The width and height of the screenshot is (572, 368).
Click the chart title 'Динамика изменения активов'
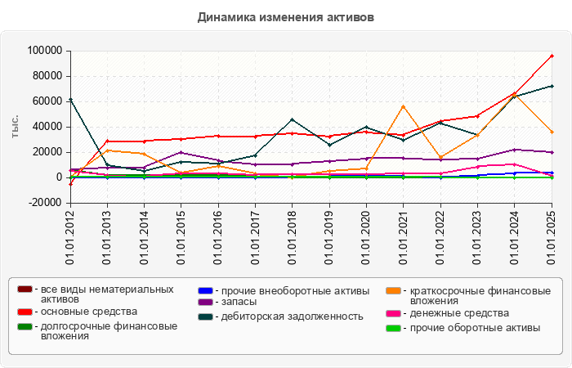coord(285,17)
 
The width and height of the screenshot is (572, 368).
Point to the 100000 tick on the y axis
coord(45,51)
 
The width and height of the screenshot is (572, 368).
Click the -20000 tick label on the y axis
coord(45,203)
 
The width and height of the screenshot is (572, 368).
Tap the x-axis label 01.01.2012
coord(71,237)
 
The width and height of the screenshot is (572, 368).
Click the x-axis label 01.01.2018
coord(293,237)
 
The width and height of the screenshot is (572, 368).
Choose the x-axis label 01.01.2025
coord(552,237)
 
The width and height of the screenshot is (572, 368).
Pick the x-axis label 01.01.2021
coord(404,237)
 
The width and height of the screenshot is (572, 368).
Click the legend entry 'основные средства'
coord(89,312)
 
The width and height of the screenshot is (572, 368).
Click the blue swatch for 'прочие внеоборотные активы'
coord(205,289)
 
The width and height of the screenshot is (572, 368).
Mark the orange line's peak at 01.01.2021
coord(403,106)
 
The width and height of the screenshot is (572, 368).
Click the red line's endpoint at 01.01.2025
coord(552,56)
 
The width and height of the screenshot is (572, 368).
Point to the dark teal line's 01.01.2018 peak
coord(293,119)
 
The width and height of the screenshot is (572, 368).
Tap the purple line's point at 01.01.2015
coord(181,152)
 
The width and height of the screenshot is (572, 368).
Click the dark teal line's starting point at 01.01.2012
coord(71,100)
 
